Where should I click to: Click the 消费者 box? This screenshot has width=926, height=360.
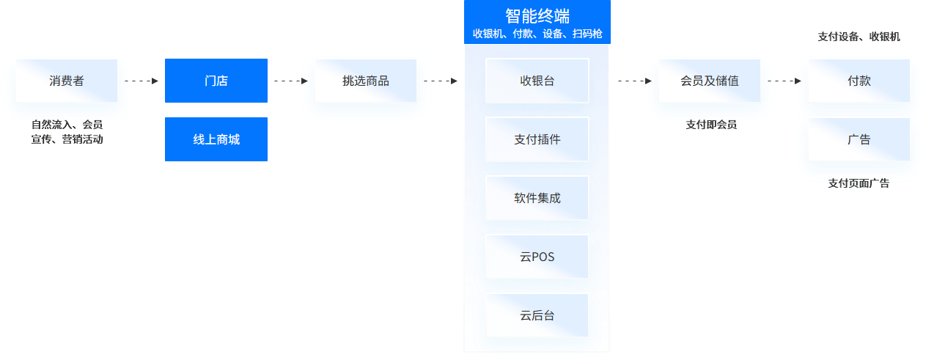point(66,81)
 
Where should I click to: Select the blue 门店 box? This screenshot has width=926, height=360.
point(216,81)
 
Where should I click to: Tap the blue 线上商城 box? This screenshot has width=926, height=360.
point(216,139)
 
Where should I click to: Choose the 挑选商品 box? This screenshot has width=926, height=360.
point(365,81)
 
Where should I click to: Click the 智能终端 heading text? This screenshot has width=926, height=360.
point(537,16)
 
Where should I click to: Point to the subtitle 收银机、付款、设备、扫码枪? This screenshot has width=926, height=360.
point(537,34)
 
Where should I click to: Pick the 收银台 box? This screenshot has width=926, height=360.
point(537,81)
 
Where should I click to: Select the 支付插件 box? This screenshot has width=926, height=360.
point(537,139)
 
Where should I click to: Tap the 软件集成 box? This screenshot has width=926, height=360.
point(537,198)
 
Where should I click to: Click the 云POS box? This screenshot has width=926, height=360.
point(537,257)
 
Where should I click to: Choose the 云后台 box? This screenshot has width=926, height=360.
point(537,315)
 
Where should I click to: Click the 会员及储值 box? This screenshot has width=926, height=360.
point(709,81)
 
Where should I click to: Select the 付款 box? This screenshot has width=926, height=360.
point(859,81)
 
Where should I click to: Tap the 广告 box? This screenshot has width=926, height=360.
point(859,139)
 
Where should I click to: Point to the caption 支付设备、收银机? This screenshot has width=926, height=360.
point(859,37)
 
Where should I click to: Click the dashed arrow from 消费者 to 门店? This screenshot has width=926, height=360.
point(142,81)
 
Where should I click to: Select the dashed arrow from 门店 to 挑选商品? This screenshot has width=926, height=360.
point(290,81)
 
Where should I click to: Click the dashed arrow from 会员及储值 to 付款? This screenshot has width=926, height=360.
point(784,81)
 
